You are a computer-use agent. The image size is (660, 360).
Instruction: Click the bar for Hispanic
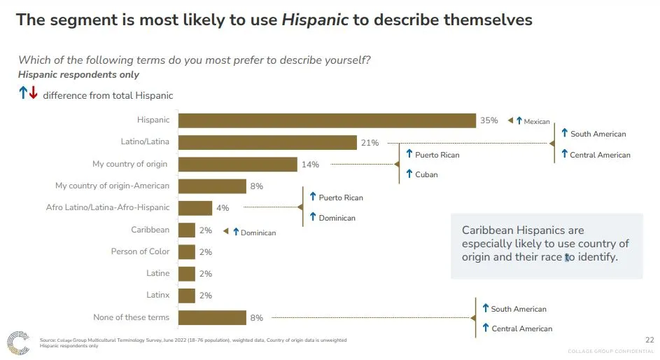coord(327,120)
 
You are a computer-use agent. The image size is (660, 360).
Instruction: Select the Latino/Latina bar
coord(267,142)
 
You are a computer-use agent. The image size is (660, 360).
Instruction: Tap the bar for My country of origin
coord(237,165)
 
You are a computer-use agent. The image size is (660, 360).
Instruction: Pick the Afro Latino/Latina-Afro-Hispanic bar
coord(195,208)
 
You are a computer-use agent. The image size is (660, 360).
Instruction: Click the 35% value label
coord(489,120)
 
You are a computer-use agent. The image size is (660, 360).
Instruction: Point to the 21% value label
coord(370,143)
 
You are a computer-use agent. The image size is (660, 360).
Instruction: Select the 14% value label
coord(310,165)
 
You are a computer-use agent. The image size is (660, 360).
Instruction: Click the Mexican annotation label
coord(537,122)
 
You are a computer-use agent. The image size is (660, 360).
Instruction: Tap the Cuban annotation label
coord(426,174)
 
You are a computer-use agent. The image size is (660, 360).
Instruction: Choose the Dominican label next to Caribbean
coord(258,233)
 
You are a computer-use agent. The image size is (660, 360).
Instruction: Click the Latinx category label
coord(157,295)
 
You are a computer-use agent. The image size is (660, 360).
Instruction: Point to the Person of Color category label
coord(140,251)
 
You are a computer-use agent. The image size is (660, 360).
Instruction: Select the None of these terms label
coord(131,317)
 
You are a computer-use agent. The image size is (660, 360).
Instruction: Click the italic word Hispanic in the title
coord(315,20)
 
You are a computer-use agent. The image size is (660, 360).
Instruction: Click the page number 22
coord(649,340)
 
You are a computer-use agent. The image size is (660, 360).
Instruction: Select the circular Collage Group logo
coord(18,342)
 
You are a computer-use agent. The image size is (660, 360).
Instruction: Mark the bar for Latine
coord(187,273)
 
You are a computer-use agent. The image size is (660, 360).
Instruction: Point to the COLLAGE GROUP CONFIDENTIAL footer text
coord(610,351)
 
